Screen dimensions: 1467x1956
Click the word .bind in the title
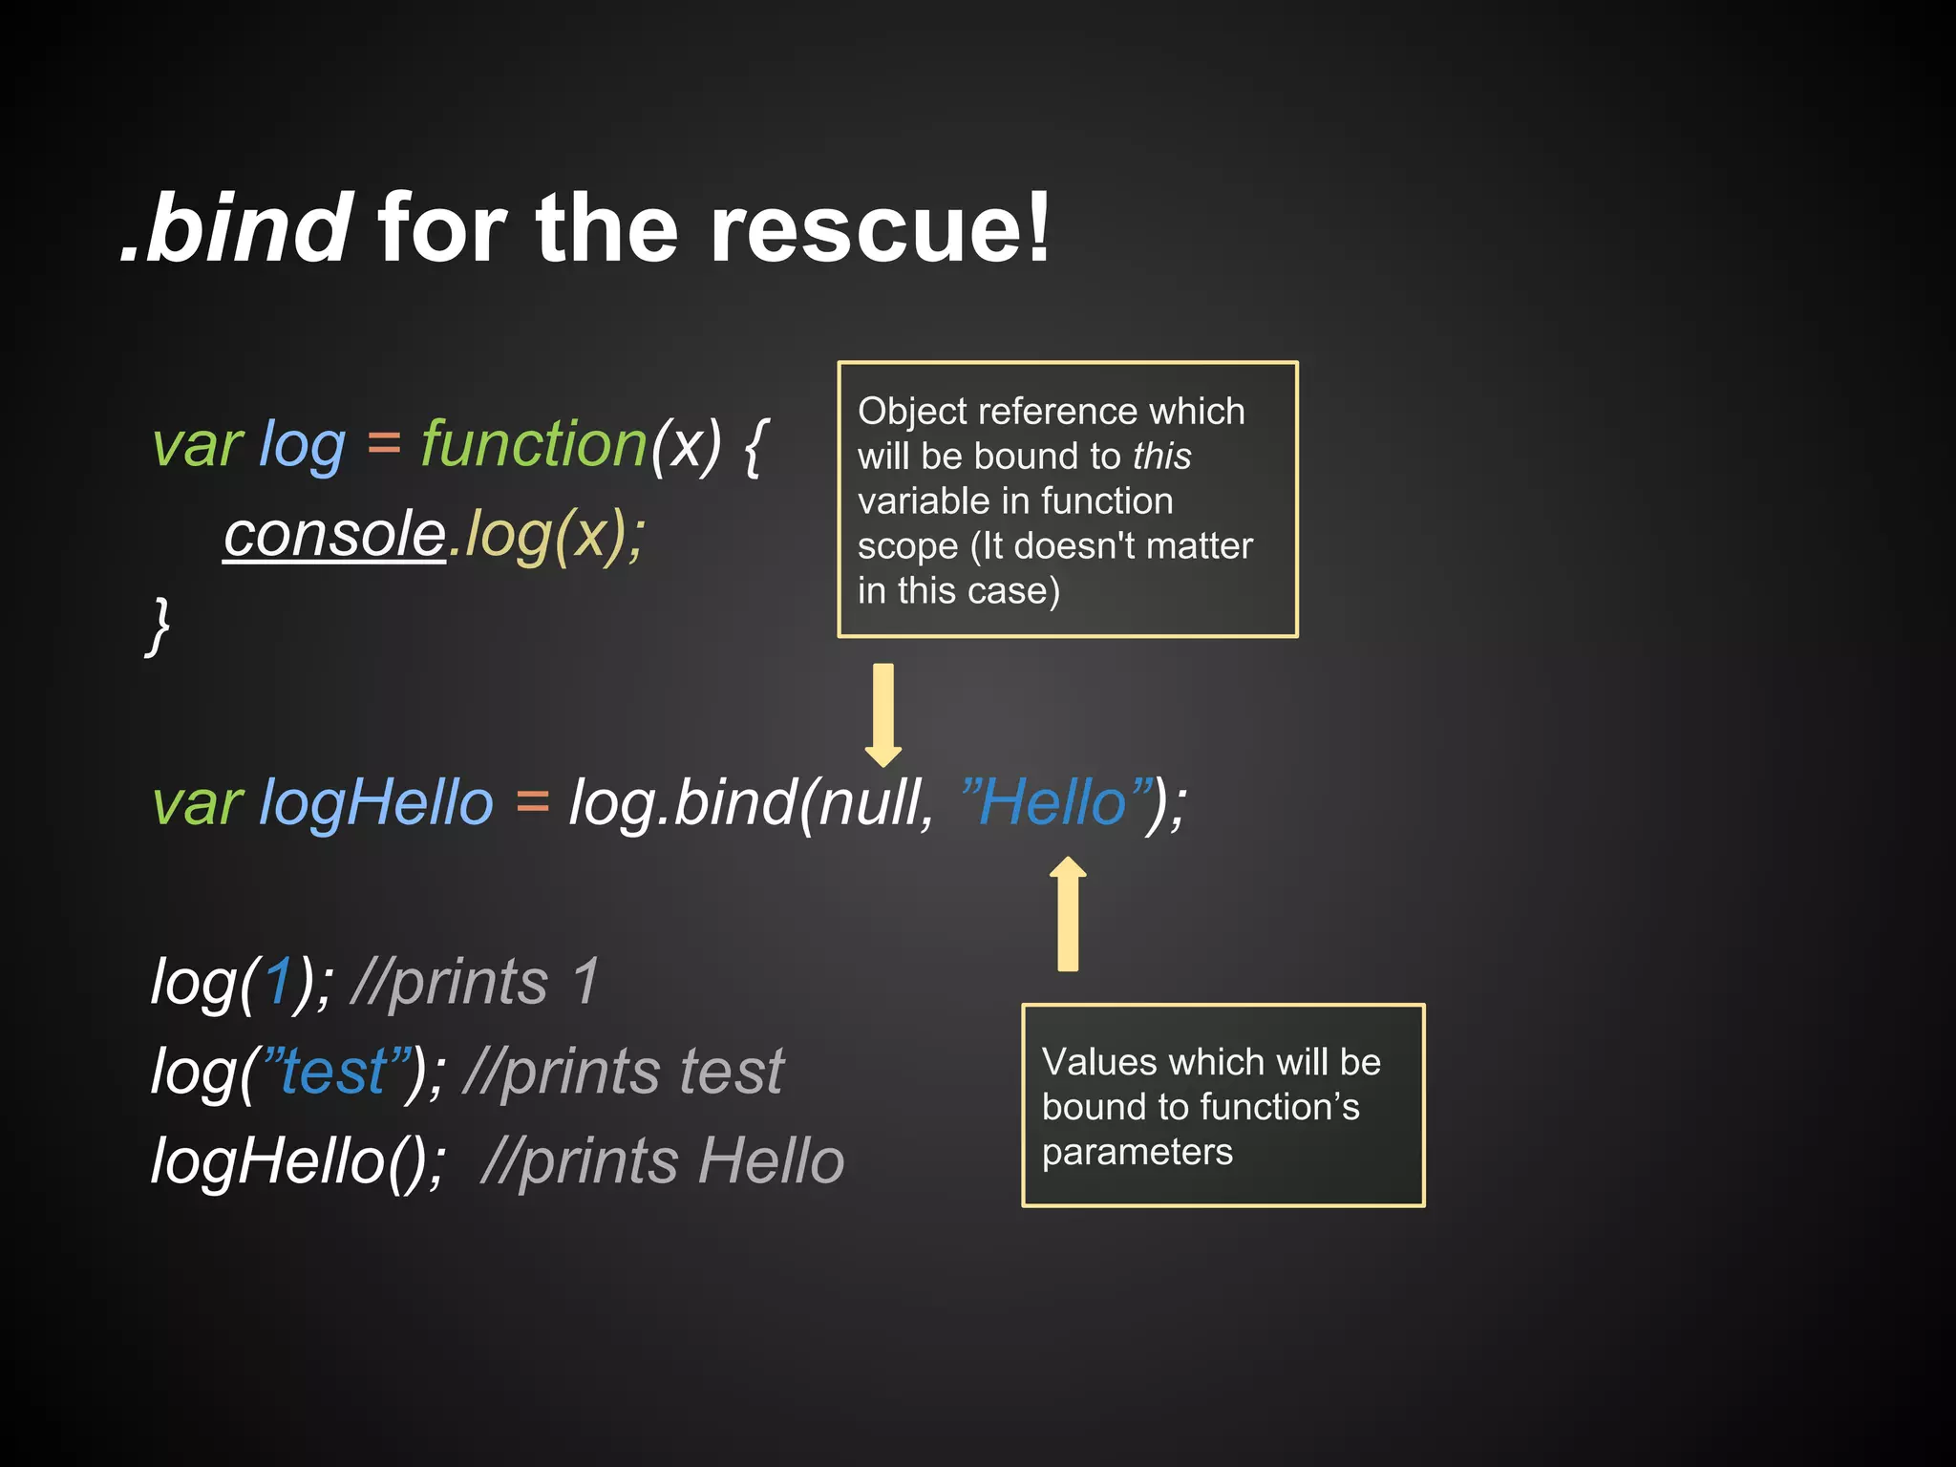click(237, 229)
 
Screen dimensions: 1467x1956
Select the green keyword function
click(534, 445)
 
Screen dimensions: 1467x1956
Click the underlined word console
click(335, 534)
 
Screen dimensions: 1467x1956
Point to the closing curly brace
click(159, 626)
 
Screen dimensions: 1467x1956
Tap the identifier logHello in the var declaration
click(376, 802)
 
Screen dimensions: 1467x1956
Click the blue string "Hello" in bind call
click(1055, 802)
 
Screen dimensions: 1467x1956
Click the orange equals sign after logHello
click(532, 802)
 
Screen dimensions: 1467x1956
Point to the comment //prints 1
click(476, 982)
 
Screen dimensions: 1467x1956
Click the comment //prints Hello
click(663, 1161)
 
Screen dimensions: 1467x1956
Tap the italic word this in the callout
click(1161, 457)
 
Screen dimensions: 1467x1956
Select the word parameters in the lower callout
click(1137, 1152)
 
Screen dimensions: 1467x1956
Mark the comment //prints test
click(623, 1072)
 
